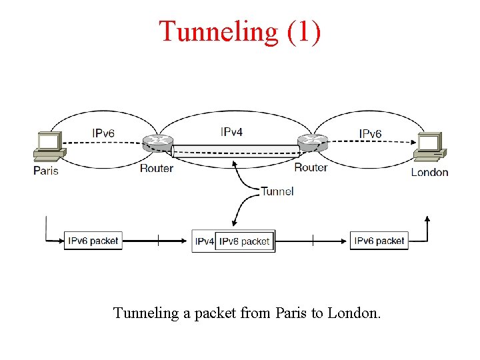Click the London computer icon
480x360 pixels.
(x=429, y=147)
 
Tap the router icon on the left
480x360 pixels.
(x=157, y=142)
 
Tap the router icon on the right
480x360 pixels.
(x=312, y=142)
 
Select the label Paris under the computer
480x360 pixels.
(x=46, y=171)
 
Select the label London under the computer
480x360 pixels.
(x=429, y=172)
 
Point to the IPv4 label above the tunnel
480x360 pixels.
(x=231, y=132)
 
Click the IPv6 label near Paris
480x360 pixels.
(x=103, y=133)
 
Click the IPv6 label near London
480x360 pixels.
(x=370, y=133)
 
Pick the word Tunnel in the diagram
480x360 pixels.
(x=277, y=191)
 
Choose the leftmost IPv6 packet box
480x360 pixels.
(x=93, y=241)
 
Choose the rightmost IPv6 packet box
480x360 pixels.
(x=379, y=241)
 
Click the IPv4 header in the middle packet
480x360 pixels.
(x=205, y=241)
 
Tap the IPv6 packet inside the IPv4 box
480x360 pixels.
(x=245, y=241)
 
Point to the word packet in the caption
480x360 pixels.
(x=209, y=313)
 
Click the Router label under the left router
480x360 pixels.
(x=157, y=168)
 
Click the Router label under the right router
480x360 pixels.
(x=311, y=167)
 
